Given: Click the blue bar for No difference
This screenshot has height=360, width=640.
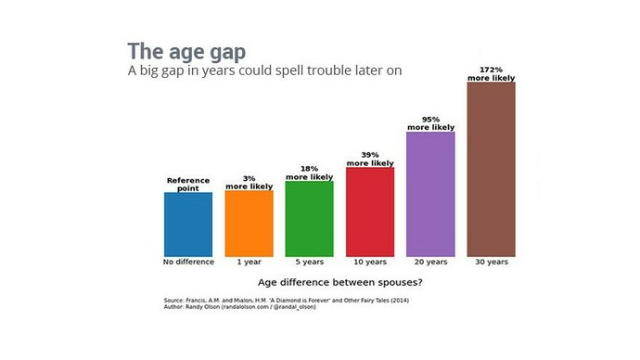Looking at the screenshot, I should pos(188,224).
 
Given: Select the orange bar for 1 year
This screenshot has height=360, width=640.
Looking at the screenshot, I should pos(249,223).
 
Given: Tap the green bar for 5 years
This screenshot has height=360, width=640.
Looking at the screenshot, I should pos(309,218).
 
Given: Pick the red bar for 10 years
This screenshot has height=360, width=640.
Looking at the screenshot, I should pos(369,212).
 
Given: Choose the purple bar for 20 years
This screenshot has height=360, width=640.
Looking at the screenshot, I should pos(430,194).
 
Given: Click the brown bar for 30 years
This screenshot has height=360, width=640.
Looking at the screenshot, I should pos(491,169).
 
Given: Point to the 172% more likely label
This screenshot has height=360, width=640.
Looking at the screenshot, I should pos(491,74).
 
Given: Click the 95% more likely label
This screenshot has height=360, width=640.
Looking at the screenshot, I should pos(430,123).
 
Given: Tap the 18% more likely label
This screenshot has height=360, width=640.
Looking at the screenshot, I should pos(309,173).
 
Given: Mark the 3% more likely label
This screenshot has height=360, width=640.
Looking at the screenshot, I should pos(249,183).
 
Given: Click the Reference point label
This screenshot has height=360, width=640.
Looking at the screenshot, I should pos(188,184).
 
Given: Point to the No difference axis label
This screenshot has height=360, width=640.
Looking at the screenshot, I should pos(188,262).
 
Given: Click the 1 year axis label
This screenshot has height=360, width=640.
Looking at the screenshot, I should pos(249,262).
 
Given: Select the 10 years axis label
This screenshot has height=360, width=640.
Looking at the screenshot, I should pos(369,262).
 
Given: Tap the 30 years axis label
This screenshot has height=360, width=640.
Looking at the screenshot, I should pos(491,262).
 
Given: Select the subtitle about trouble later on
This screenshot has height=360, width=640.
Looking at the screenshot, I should pos(264,71).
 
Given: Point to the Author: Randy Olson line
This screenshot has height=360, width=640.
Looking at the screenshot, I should pos(239,306).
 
